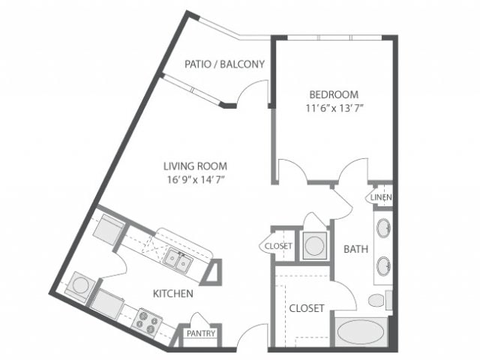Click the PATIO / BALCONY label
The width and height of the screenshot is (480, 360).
click(225, 64)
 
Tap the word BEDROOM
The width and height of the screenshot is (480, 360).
click(334, 94)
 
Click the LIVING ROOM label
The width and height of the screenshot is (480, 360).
click(196, 166)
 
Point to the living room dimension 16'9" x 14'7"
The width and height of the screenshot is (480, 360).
click(196, 179)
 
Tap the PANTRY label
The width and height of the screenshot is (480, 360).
click(201, 334)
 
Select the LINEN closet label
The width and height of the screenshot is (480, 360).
click(381, 197)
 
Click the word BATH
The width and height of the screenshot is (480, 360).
click(355, 249)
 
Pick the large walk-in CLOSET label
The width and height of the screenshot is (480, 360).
click(306, 308)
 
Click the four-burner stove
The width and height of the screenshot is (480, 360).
click(148, 324)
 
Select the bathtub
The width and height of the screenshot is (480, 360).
click(361, 331)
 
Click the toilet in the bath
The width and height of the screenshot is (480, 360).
click(378, 301)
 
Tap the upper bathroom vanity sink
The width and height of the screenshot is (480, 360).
click(382, 228)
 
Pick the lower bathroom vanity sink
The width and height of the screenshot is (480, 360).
click(382, 265)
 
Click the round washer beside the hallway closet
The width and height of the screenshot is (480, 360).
click(315, 244)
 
